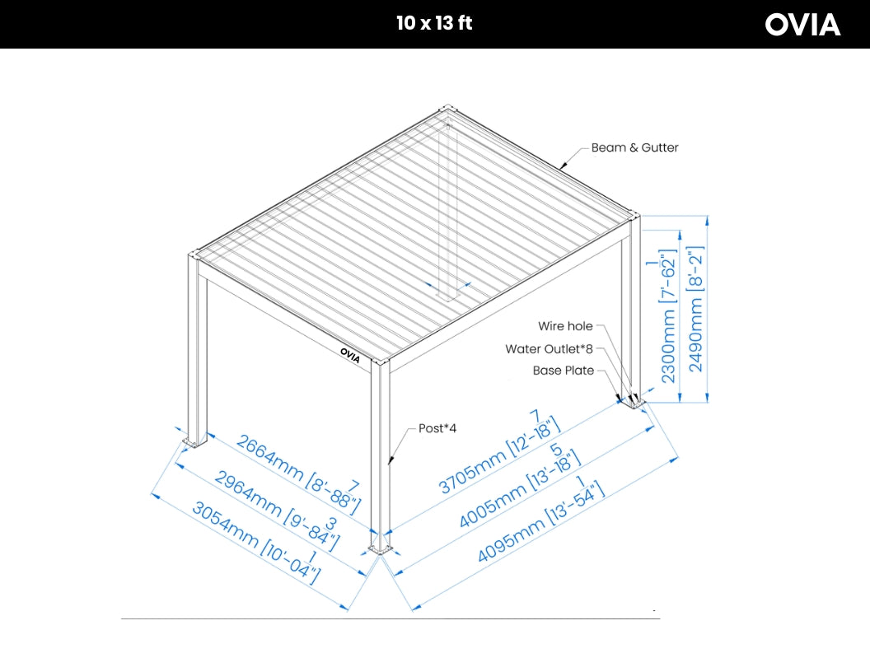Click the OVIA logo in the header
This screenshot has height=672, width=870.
pyautogui.click(x=802, y=25)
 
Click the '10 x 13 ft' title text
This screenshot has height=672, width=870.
pyautogui.click(x=434, y=23)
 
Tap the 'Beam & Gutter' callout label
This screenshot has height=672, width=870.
pyautogui.click(x=634, y=148)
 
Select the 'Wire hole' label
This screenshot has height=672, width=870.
pyautogui.click(x=565, y=327)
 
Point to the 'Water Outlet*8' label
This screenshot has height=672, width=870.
pyautogui.click(x=550, y=349)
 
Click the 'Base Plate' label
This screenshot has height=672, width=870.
pyautogui.click(x=564, y=371)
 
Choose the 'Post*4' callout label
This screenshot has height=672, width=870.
pyautogui.click(x=437, y=428)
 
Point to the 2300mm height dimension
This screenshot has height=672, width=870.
pyautogui.click(x=669, y=316)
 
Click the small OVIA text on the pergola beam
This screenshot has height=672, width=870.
pyautogui.click(x=350, y=352)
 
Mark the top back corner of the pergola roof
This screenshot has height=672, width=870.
pyautogui.click(x=447, y=110)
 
